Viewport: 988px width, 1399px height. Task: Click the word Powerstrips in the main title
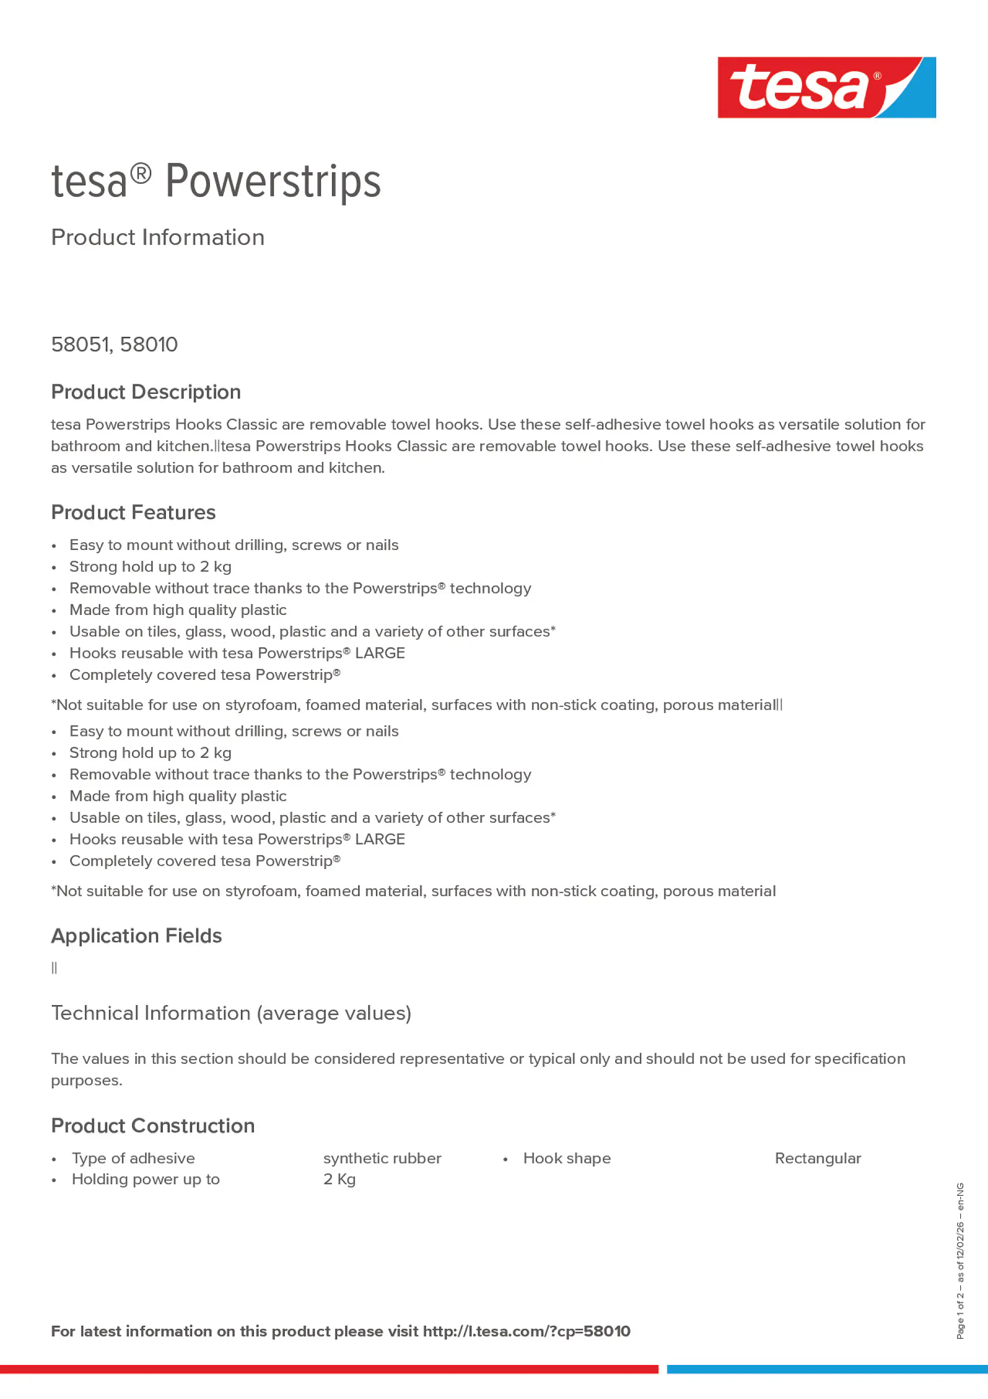pos(273,182)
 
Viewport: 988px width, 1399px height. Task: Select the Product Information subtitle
pos(158,238)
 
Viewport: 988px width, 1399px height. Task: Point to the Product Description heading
pos(146,392)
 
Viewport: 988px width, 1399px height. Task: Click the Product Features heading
pos(133,512)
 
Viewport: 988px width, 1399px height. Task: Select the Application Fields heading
pos(137,936)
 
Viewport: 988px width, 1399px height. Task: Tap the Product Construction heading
pos(152,1126)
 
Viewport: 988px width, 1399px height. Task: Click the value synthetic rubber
pos(382,1158)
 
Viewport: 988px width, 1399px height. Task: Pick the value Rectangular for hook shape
pos(817,1158)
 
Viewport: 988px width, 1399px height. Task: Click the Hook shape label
pos(567,1158)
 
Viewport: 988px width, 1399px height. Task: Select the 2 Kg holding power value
pos(339,1179)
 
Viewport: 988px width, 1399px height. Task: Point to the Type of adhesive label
pos(134,1158)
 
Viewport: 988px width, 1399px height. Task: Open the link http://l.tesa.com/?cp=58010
pos(526,1331)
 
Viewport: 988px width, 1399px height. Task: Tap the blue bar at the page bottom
pos(827,1369)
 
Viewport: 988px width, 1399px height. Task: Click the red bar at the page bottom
pos(329,1369)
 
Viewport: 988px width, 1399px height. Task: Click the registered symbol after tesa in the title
pos(141,174)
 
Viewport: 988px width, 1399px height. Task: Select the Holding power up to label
pos(146,1179)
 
